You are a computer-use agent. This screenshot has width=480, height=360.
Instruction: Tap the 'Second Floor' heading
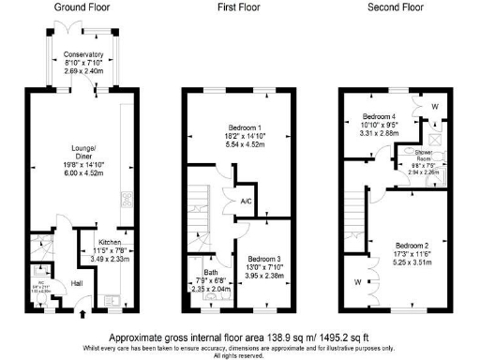pyautogui.click(x=394, y=7)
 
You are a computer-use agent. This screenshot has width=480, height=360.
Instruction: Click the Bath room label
pyautogui.click(x=202, y=269)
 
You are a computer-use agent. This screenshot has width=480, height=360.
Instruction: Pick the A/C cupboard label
pyautogui.click(x=245, y=201)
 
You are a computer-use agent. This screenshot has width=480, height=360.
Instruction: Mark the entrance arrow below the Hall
pyautogui.click(x=83, y=317)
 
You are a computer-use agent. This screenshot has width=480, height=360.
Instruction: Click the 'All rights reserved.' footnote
pyautogui.click(x=239, y=354)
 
